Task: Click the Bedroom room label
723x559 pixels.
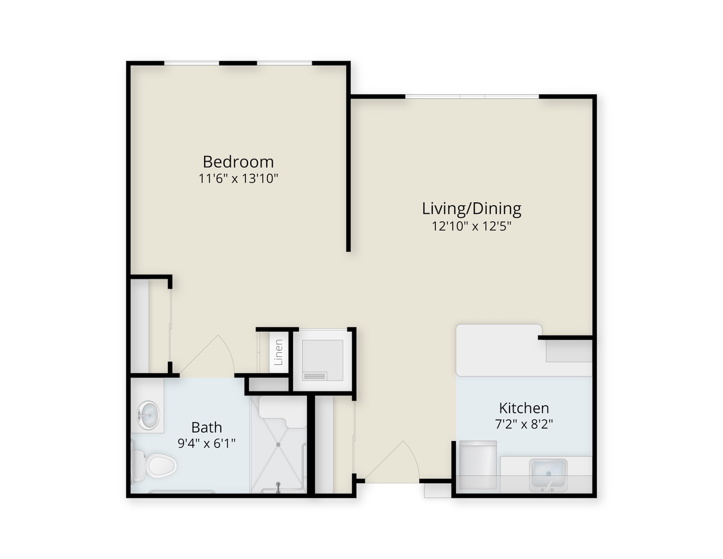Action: click(238, 162)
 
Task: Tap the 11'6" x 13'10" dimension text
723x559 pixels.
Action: click(238, 179)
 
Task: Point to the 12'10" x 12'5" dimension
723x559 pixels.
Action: click(472, 226)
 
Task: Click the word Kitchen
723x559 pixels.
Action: click(524, 408)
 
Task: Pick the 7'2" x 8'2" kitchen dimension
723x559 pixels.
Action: click(524, 424)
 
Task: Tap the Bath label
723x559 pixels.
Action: click(206, 428)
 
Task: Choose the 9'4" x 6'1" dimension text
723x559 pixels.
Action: click(206, 443)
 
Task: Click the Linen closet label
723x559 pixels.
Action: click(279, 352)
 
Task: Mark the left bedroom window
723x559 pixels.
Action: click(192, 63)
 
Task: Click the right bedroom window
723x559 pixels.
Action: click(285, 63)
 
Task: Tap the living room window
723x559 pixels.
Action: click(472, 96)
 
